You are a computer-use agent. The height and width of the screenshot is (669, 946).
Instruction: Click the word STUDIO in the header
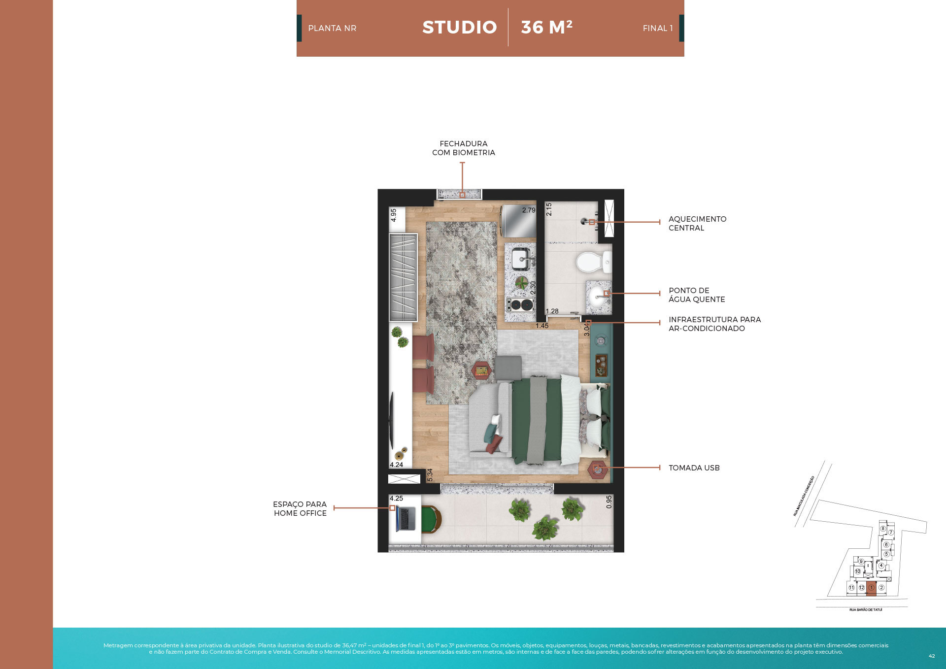pos(459,28)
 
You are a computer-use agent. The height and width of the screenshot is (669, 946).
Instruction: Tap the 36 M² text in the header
pos(546,28)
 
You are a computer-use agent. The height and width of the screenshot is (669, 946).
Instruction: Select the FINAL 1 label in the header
pos(657,29)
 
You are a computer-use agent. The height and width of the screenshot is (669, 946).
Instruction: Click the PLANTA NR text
pos(332,29)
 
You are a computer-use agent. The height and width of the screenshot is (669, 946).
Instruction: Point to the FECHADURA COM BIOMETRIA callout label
pos(463,148)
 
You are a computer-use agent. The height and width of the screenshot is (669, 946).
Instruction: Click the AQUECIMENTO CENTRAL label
pos(697,223)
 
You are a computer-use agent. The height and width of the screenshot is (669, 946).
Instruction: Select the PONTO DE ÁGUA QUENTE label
pos(696,295)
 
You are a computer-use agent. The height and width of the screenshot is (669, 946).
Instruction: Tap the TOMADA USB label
pos(694,468)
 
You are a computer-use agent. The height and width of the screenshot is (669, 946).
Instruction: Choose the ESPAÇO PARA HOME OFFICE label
pos(300,508)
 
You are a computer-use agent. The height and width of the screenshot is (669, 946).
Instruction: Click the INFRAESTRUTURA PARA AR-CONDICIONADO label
pos(714,324)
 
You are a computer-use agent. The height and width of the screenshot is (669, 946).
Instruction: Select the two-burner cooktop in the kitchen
pos(520,304)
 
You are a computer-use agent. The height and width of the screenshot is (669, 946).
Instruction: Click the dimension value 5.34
pos(430,475)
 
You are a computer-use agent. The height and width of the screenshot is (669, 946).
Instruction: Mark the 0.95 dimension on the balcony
pos(609,502)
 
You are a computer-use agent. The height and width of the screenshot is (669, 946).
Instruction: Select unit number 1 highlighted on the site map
pos(871,588)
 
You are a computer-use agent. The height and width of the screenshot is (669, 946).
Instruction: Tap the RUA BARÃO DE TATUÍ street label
pos(866,610)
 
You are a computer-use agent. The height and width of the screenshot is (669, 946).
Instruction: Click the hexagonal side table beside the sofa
pos(482,370)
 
